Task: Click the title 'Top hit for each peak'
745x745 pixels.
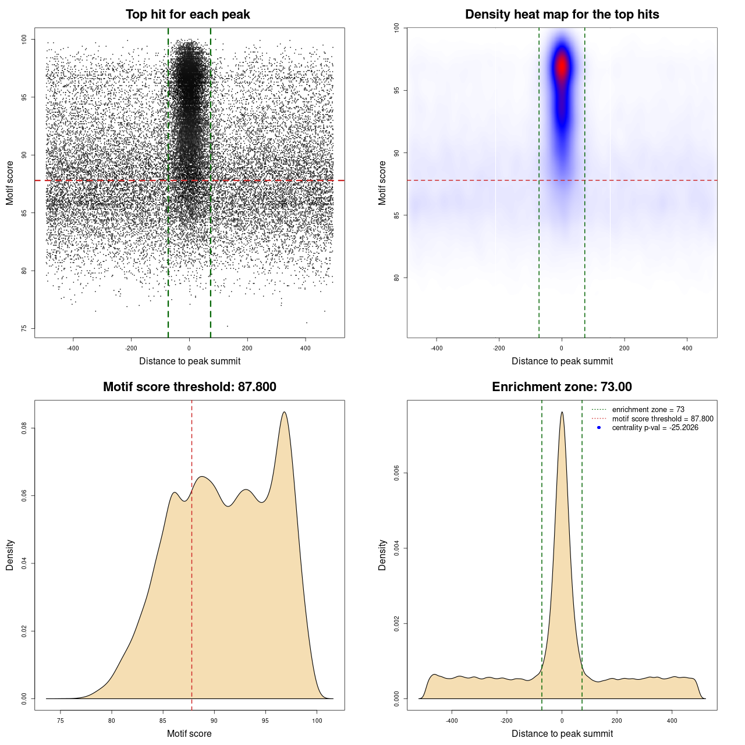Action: pyautogui.click(x=187, y=15)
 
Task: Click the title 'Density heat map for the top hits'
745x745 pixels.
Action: pyautogui.click(x=562, y=15)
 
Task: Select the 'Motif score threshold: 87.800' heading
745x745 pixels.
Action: pyautogui.click(x=189, y=387)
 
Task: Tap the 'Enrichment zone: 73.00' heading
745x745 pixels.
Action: pyautogui.click(x=562, y=387)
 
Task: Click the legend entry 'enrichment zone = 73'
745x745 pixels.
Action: pyautogui.click(x=648, y=410)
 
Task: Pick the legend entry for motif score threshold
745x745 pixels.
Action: pyautogui.click(x=662, y=419)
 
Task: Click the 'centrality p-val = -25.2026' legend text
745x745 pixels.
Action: pyautogui.click(x=655, y=428)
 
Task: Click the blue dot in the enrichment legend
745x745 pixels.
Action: pyautogui.click(x=599, y=428)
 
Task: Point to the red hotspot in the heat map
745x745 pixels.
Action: pyautogui.click(x=562, y=67)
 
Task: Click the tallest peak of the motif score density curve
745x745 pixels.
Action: pyautogui.click(x=284, y=412)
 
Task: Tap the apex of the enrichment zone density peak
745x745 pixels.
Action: pyautogui.click(x=562, y=412)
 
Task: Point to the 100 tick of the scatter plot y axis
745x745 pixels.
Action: pyautogui.click(x=24, y=39)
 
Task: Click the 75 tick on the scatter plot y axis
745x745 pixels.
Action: pyautogui.click(x=24, y=328)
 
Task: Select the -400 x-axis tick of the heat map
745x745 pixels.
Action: pyautogui.click(x=437, y=348)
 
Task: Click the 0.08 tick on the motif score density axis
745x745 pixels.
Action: pyautogui.click(x=24, y=428)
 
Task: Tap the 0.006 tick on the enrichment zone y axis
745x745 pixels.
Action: pyautogui.click(x=397, y=473)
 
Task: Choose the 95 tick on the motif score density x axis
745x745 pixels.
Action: pyautogui.click(x=266, y=721)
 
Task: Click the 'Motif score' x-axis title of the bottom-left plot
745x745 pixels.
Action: pyautogui.click(x=189, y=733)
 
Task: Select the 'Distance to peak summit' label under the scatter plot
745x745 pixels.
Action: pyautogui.click(x=190, y=361)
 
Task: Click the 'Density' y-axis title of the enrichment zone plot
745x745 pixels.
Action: pyautogui.click(x=382, y=555)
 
